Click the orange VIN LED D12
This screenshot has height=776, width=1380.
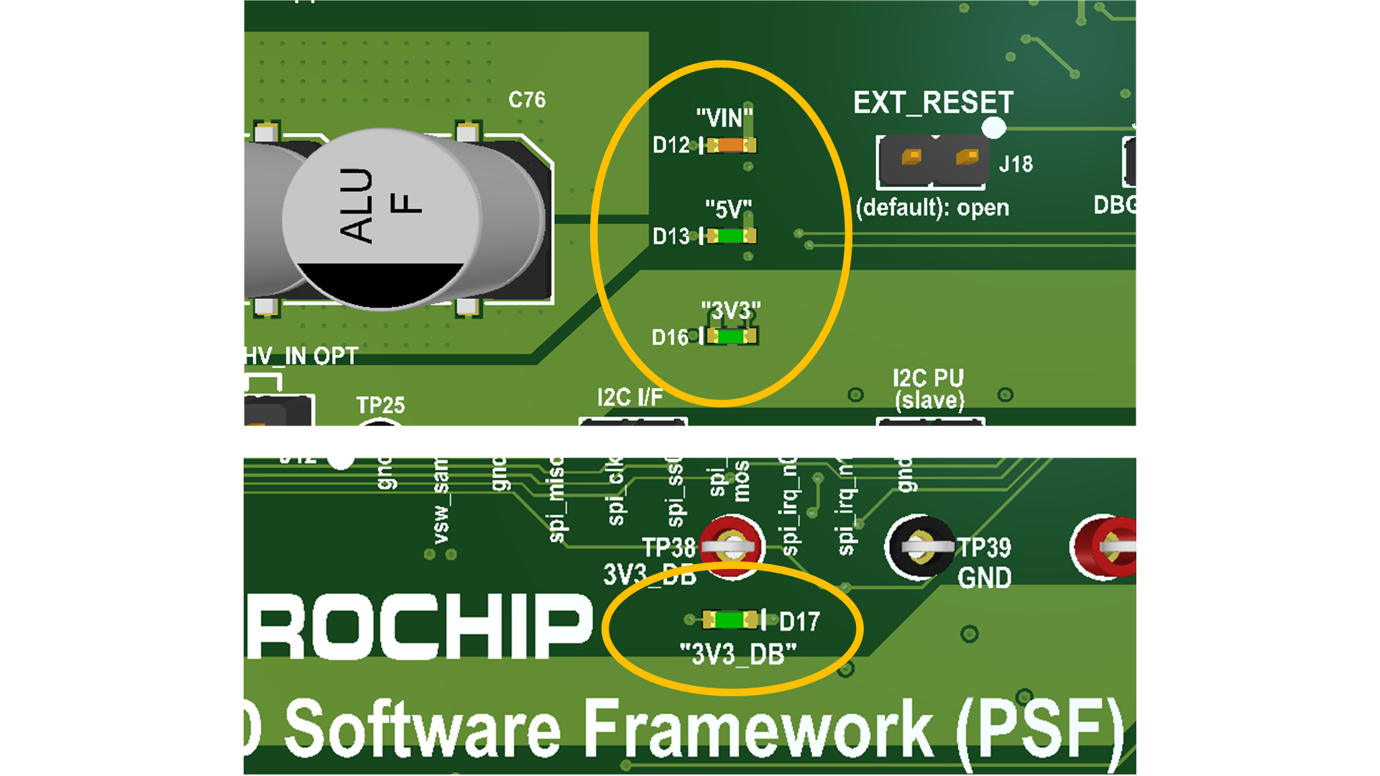pos(730,145)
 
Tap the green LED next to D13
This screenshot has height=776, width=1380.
pos(730,236)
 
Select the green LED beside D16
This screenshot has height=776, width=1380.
pos(731,336)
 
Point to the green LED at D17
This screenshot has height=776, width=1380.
pos(731,619)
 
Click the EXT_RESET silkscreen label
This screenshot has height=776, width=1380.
pos(933,103)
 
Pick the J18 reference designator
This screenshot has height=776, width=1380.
pos(1016,165)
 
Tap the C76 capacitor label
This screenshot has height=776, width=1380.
pos(527,100)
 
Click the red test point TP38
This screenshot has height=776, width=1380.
pos(732,547)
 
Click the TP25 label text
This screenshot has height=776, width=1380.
pos(380,405)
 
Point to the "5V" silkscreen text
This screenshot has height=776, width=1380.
pos(728,209)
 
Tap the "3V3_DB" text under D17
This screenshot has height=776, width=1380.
pos(738,655)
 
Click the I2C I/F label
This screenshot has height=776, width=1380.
pos(630,397)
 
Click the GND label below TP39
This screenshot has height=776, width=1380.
pos(984,578)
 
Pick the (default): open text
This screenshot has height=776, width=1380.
pos(932,208)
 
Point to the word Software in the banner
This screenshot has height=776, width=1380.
pos(423,728)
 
